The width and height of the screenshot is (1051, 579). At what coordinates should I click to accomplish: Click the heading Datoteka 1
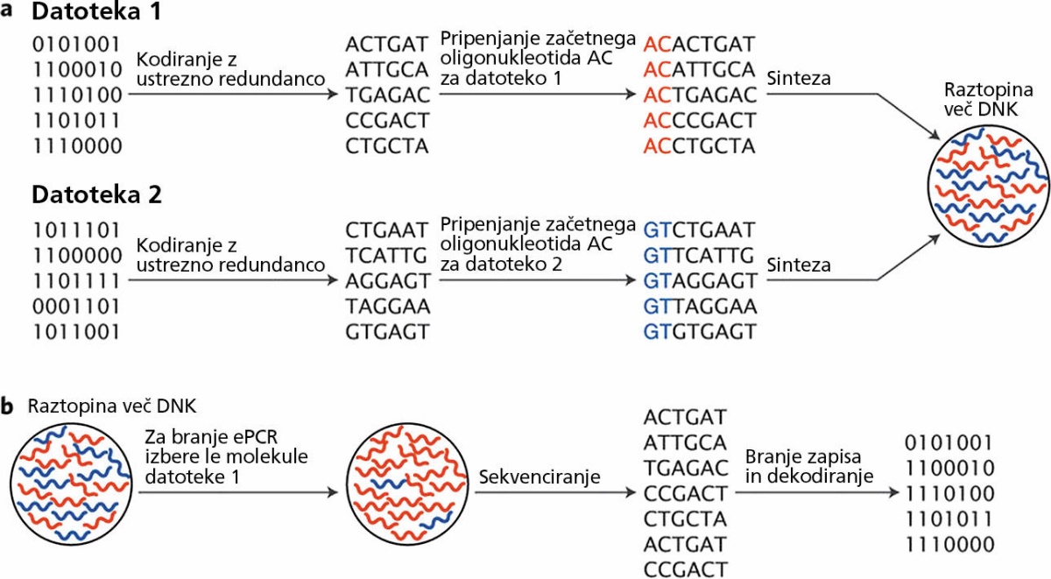coord(96,11)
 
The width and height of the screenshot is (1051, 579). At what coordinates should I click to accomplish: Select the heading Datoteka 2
coord(96,194)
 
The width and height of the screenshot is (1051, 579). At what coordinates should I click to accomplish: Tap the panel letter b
coord(7,406)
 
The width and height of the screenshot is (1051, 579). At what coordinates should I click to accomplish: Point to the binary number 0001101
coord(77,307)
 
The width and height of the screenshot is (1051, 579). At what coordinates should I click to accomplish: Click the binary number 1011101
coord(77,230)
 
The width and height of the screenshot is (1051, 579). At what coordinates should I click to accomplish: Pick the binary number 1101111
coord(77,281)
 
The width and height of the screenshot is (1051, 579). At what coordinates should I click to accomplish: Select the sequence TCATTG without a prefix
coord(386,256)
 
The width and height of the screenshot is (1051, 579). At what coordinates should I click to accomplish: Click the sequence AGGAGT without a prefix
coord(387,281)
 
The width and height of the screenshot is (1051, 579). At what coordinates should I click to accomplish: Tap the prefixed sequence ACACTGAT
coord(699,45)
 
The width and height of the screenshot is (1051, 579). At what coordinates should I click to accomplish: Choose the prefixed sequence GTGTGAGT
coord(700,332)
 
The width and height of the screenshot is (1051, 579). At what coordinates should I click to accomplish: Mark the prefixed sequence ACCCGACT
coord(700,121)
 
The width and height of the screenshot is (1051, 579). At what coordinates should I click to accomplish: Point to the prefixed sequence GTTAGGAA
coord(700,307)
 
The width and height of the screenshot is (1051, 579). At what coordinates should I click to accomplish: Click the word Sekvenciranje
coord(540,477)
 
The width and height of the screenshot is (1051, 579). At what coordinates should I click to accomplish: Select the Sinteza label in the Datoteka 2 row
coord(799,265)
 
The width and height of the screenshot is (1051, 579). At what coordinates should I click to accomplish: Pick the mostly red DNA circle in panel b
coord(407,484)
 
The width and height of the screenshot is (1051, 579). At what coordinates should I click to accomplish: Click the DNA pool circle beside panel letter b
coord(71,484)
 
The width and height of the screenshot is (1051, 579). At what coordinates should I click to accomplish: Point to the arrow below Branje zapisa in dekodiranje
coord(817,492)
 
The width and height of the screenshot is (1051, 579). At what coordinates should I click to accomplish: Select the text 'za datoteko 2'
coord(501,265)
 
